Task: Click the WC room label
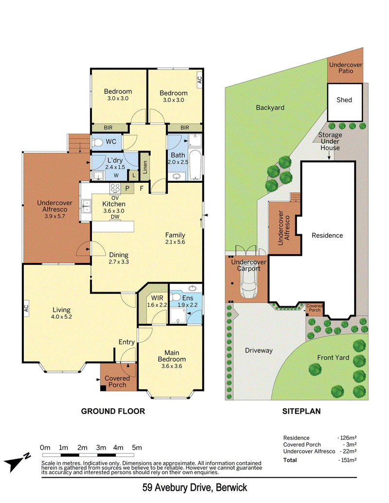pos(111,141)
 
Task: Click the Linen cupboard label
pos(145,167)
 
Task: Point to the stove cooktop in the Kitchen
pos(115,188)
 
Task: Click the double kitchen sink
pos(86,206)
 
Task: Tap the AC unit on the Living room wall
pos(26,308)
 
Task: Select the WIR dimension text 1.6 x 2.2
pos(157,305)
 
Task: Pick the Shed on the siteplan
pos(345,102)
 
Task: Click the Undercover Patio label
pos(346,68)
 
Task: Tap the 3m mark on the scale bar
pos(101,448)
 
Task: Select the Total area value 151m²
pos(347,460)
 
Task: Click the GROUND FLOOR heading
pos(113,411)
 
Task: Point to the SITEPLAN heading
pos(301,411)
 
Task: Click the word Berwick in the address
pos(231,487)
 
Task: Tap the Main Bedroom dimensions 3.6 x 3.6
pos(172,366)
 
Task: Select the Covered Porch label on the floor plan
pos(117,382)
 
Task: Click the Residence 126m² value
pos(347,438)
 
